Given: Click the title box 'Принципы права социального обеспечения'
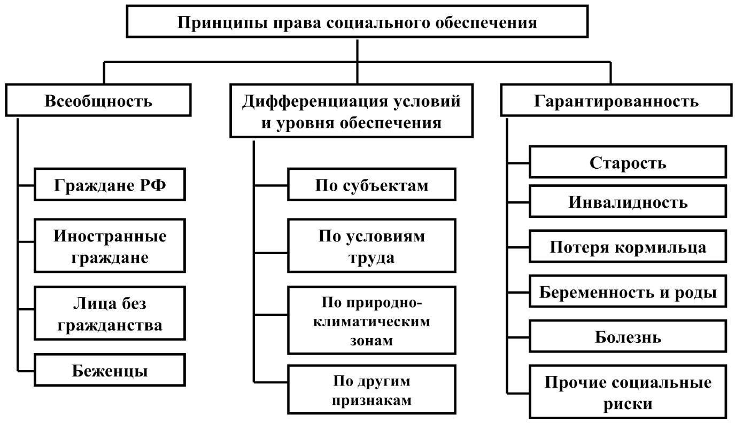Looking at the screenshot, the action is click(357, 21).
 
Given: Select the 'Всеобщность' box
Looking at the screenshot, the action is click(98, 100).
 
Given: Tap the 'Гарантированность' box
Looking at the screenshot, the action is click(616, 100).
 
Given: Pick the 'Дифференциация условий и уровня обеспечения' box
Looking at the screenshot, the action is click(351, 111).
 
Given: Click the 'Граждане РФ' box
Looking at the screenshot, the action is click(110, 184).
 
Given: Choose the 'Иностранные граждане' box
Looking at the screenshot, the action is click(110, 246).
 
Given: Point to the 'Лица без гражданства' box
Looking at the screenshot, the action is click(110, 313).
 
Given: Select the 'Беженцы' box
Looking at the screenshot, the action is click(110, 370).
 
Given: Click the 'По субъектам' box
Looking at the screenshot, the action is click(372, 184).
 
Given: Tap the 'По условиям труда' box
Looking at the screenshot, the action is click(372, 246).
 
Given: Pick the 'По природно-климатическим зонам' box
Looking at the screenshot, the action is click(372, 320).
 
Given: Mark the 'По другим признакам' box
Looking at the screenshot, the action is click(372, 390).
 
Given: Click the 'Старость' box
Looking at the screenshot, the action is click(628, 162).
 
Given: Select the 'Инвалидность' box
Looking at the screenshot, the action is click(628, 201).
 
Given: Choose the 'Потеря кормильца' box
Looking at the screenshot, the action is click(628, 246).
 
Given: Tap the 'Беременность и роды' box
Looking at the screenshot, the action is click(628, 291).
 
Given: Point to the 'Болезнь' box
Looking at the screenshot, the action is click(628, 336).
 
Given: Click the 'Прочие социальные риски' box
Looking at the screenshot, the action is click(628, 392).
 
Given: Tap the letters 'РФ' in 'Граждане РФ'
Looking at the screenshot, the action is click(153, 185).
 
